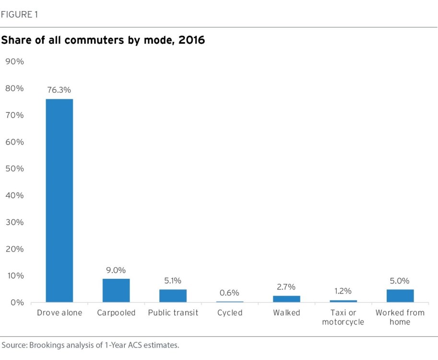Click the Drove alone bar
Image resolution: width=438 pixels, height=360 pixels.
point(59,201)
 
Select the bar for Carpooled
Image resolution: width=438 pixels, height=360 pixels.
point(116,290)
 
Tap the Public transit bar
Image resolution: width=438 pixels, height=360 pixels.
point(173,296)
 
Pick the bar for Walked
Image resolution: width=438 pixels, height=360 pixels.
point(286,299)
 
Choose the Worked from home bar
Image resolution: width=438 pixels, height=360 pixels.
point(400,296)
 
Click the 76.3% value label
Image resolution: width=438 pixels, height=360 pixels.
point(59,90)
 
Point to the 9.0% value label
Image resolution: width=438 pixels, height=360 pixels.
point(116,270)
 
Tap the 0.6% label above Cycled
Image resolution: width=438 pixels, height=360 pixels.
point(229,293)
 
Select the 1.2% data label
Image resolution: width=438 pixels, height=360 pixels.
point(343,291)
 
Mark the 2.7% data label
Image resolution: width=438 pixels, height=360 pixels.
point(286,287)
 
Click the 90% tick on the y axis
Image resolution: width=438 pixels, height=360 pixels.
point(15,62)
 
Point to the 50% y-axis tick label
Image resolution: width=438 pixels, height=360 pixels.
point(15,169)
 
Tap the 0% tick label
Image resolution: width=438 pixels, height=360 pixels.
point(17,302)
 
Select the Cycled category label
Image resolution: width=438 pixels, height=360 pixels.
point(229,313)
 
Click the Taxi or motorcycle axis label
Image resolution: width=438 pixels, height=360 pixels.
point(343,317)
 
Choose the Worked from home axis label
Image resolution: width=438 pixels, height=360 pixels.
point(400,317)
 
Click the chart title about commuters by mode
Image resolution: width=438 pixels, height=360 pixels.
point(103,40)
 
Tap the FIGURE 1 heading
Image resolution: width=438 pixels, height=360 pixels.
point(20,14)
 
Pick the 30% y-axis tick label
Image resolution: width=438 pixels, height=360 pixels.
point(15,222)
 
